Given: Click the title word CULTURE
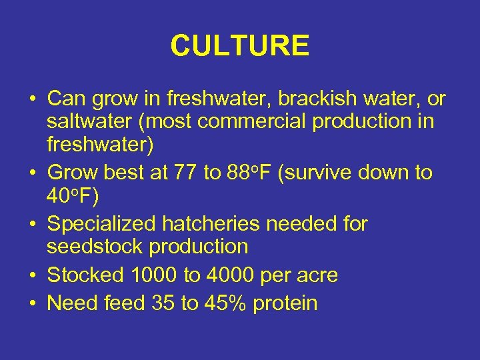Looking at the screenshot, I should pos(239,46).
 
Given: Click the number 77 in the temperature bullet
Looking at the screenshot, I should pos(185,173).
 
